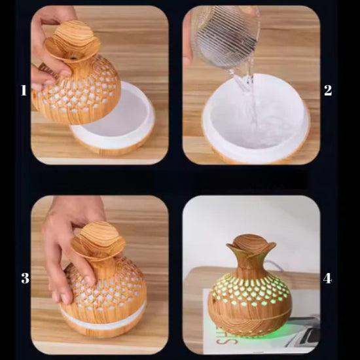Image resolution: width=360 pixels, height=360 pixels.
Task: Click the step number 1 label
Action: click(x=24, y=90)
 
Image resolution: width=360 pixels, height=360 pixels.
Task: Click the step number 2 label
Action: click(x=328, y=90)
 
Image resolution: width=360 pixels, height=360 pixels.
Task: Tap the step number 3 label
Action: click(x=26, y=278)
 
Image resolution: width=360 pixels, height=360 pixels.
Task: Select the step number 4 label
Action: click(x=327, y=278)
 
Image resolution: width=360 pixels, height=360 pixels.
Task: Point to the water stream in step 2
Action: click(x=249, y=96)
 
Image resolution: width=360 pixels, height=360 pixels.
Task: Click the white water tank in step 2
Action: click(x=256, y=118)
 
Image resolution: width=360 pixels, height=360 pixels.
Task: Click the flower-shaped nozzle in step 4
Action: click(x=251, y=245)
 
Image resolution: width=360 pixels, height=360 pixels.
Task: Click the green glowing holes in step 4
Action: click(x=249, y=291)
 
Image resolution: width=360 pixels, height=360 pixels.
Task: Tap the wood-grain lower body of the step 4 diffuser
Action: click(x=249, y=319)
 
